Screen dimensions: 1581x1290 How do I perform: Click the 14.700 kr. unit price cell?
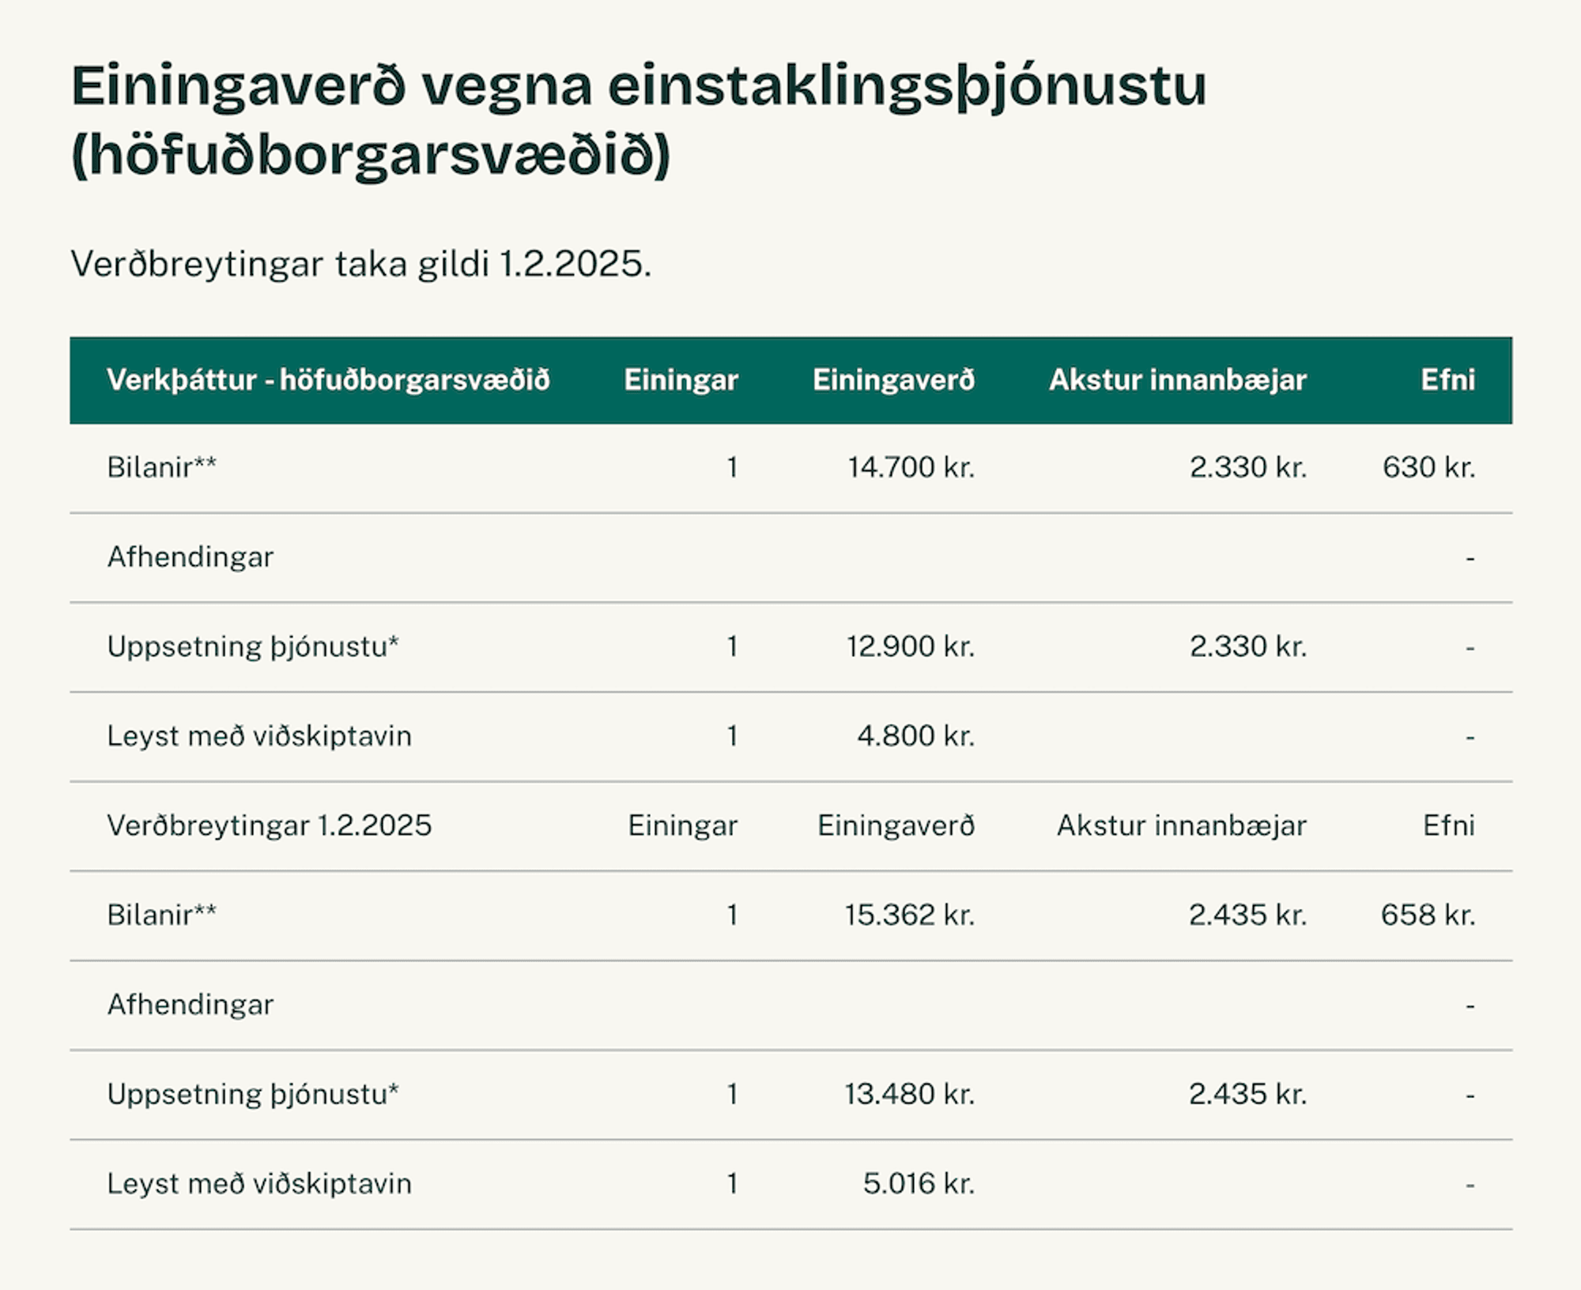point(911,467)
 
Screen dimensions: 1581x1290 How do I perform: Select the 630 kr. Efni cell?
point(1428,467)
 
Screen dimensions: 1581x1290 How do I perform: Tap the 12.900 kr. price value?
point(911,647)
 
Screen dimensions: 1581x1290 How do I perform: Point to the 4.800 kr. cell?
point(915,736)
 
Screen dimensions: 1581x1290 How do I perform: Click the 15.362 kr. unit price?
point(909,915)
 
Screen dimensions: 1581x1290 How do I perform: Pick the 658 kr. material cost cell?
point(1428,915)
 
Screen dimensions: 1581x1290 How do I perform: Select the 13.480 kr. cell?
point(909,1094)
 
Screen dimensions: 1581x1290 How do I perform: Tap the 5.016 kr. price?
point(919,1184)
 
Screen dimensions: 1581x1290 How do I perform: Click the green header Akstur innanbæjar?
point(1178,380)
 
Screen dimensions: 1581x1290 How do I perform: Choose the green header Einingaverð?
point(894,380)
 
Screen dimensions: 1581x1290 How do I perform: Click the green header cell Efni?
point(1448,380)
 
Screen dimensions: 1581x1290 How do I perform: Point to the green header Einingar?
point(681,381)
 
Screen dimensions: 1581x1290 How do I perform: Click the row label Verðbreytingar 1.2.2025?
point(270,826)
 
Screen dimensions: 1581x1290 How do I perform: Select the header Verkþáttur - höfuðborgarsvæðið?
point(328,380)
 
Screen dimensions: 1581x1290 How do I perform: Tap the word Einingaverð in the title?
point(239,87)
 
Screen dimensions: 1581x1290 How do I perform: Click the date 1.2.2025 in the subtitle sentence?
point(575,264)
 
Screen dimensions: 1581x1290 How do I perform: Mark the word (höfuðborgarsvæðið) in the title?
point(371,156)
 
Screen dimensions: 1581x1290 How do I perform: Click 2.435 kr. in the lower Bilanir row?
point(1247,915)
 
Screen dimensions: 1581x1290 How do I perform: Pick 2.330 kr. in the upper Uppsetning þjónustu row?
point(1248,647)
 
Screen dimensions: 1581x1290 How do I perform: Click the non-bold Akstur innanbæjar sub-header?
point(1182,826)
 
